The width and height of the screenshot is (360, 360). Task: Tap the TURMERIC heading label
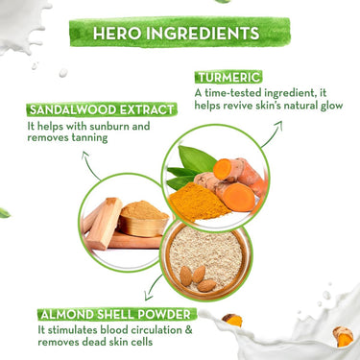pyautogui.click(x=228, y=78)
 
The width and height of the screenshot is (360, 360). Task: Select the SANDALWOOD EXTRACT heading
pyautogui.click(x=102, y=109)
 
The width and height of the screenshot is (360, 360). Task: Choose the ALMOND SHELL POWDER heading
pyautogui.click(x=115, y=315)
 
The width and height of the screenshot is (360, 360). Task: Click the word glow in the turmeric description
pyautogui.click(x=331, y=106)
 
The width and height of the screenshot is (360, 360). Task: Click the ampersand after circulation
pyautogui.click(x=188, y=330)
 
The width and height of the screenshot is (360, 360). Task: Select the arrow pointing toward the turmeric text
pyautogui.click(x=273, y=134)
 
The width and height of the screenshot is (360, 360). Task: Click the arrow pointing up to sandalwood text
pyautogui.click(x=90, y=165)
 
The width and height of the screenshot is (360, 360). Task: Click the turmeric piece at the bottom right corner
pyautogui.click(x=343, y=337)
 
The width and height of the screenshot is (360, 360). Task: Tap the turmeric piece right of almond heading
pyautogui.click(x=232, y=320)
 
